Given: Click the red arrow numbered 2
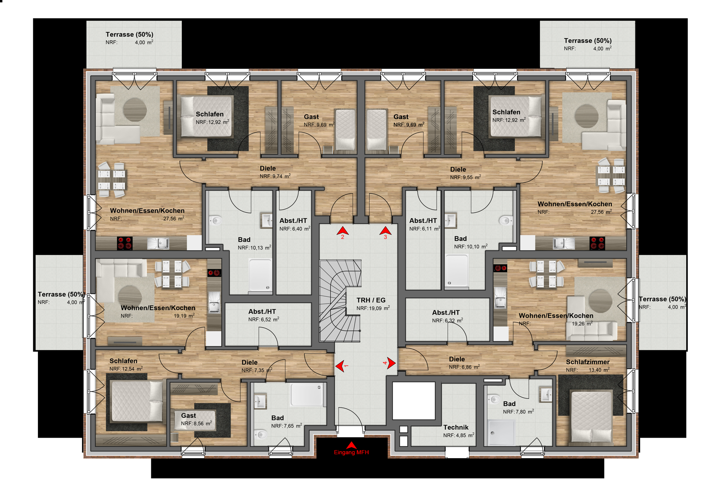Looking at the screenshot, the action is (x=343, y=231).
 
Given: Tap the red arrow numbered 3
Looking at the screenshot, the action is (x=385, y=231).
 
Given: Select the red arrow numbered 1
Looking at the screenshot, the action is (x=340, y=366).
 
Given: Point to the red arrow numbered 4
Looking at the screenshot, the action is (x=391, y=363).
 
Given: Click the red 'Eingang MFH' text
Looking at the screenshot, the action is (x=351, y=452).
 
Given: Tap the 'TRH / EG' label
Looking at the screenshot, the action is (x=371, y=300).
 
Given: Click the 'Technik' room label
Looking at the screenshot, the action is (x=456, y=427).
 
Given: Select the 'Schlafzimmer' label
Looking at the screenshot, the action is (x=587, y=362).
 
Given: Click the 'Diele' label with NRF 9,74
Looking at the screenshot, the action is (x=268, y=168).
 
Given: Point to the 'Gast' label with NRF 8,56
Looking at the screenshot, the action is (x=188, y=416).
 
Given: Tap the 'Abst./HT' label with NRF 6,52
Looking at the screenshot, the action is (x=262, y=311).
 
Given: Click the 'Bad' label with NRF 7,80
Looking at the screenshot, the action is (x=509, y=404).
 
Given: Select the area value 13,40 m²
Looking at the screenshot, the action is (x=599, y=370).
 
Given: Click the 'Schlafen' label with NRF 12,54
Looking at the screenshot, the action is (x=123, y=361).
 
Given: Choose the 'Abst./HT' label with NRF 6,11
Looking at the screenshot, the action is (x=423, y=221).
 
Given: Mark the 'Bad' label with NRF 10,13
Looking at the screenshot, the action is (x=244, y=240).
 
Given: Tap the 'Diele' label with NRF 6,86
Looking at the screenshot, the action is (x=457, y=359).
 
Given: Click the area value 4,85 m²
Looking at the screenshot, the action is (x=465, y=436).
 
